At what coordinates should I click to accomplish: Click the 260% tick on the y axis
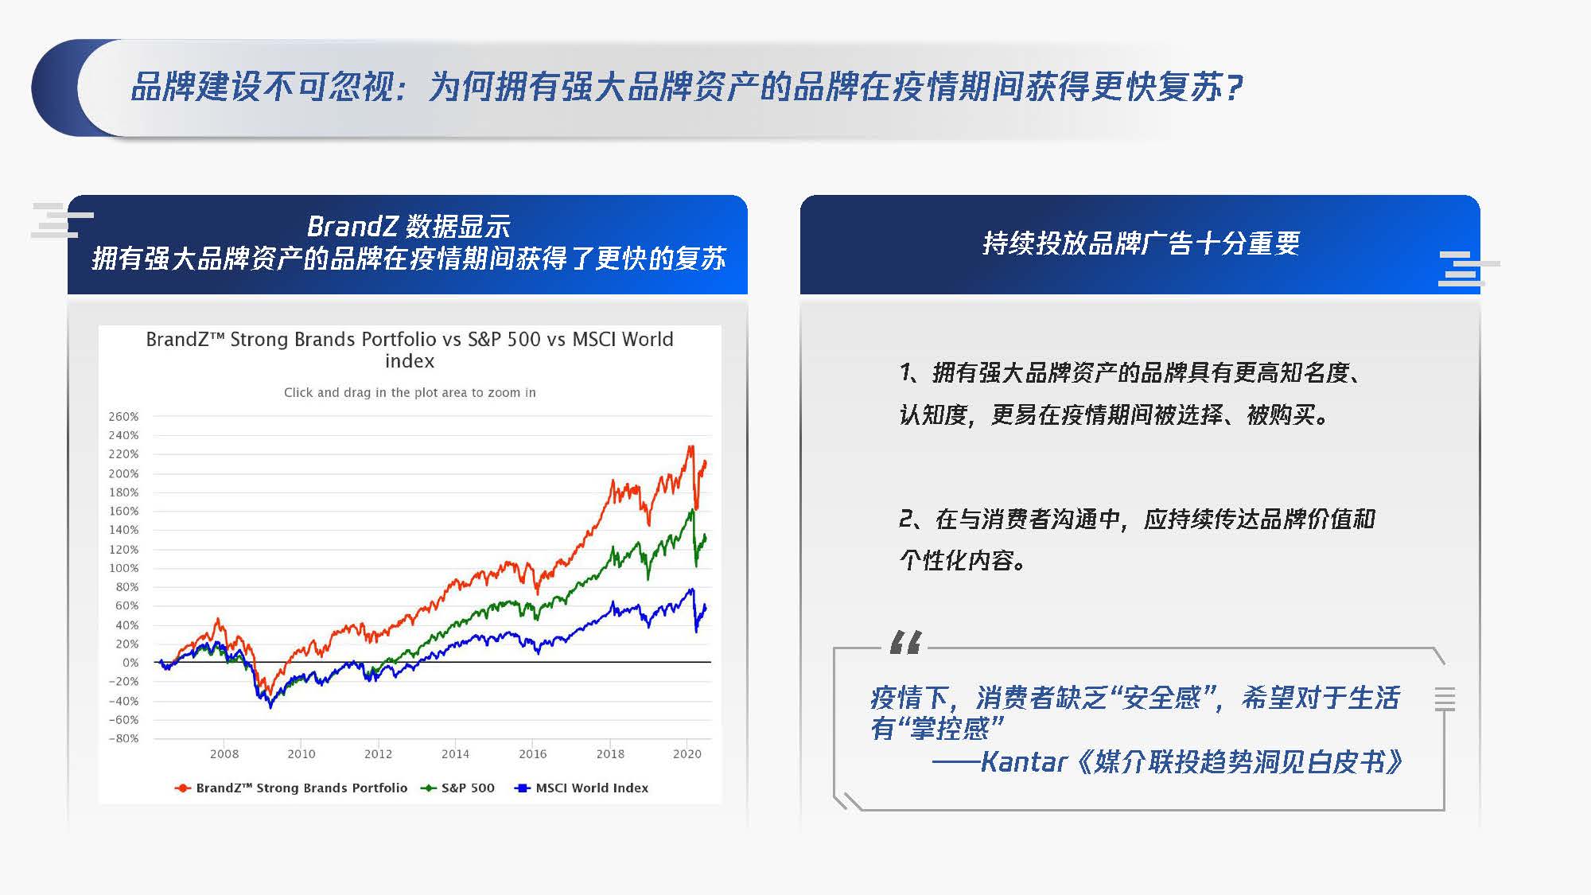pos(123,416)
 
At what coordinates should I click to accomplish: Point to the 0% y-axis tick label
pos(130,662)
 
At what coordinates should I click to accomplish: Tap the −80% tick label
pos(123,738)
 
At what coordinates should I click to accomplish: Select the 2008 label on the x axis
pos(224,753)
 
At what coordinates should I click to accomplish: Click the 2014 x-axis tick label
pos(455,753)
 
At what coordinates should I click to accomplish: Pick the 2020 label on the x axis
pos(687,753)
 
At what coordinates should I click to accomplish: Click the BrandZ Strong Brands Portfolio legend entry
pos(291,788)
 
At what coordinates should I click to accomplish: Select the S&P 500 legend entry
pos(458,788)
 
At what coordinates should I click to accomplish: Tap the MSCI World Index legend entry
pos(582,788)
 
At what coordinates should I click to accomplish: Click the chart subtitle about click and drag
pos(410,392)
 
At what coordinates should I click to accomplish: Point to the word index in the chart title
pos(410,361)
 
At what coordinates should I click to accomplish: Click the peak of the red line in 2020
pos(690,446)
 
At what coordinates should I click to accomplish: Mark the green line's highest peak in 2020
pos(691,511)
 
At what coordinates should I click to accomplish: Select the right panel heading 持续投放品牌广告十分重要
pos(1142,243)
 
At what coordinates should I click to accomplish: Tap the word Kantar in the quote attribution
pos(1023,762)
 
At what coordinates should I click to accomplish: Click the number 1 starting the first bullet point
pos(906,372)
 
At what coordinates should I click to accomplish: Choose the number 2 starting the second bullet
pos(907,519)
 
